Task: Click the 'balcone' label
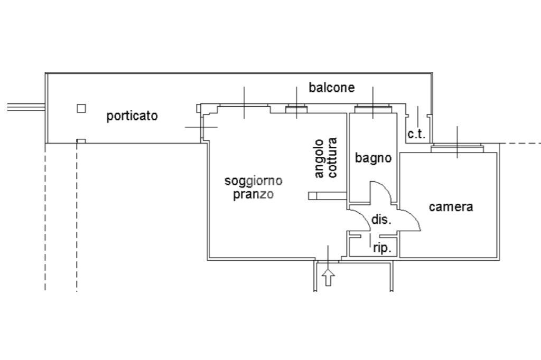point(332,87)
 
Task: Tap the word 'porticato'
point(132,116)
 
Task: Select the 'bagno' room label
point(373,157)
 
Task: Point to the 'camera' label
point(451,207)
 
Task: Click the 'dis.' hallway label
point(381,220)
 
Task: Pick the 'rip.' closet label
point(382,248)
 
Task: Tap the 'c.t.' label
point(416,134)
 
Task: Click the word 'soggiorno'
point(254,181)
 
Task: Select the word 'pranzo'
point(254,194)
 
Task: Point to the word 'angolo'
point(319,158)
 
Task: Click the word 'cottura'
point(332,158)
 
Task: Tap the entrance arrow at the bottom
point(329,277)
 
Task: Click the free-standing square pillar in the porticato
point(81,108)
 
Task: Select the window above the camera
point(457,148)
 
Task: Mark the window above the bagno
point(373,110)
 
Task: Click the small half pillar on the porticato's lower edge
point(81,141)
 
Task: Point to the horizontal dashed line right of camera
point(520,143)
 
